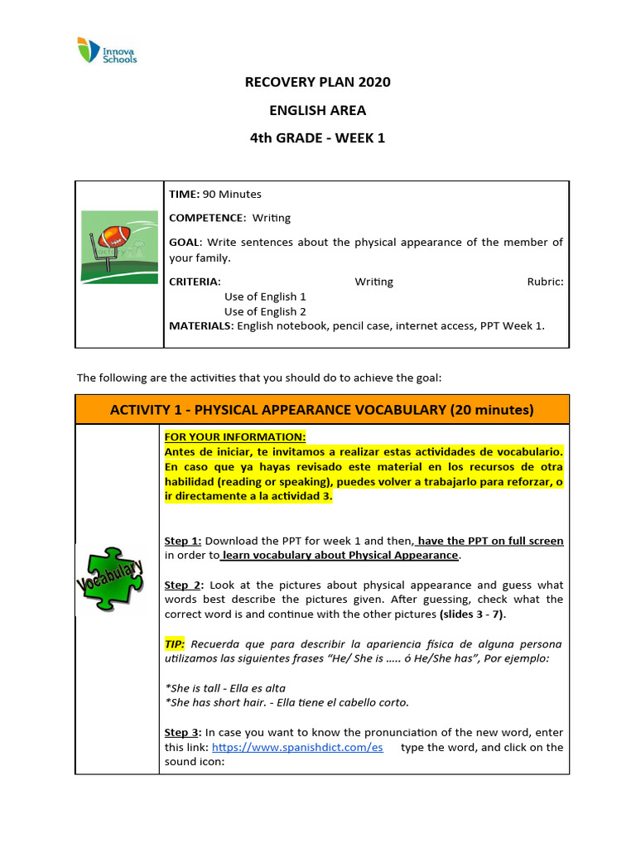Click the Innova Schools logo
click(106, 50)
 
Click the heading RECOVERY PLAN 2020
click(317, 82)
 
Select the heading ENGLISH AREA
click(317, 110)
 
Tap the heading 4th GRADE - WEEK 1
click(317, 138)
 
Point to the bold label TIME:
click(184, 194)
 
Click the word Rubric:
click(545, 282)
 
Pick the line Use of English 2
click(265, 311)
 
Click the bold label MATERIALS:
click(201, 325)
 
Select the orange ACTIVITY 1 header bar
click(322, 410)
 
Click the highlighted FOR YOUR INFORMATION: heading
click(234, 436)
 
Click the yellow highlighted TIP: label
click(175, 644)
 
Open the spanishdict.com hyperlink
click(297, 747)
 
